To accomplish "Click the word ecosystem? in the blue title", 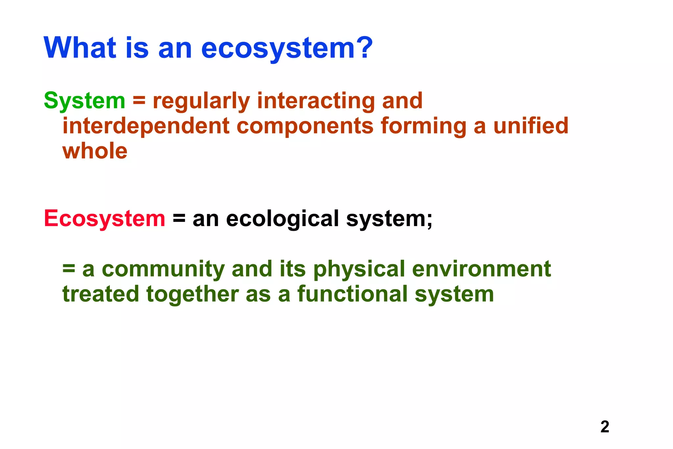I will (x=287, y=48).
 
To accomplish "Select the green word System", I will (x=84, y=101).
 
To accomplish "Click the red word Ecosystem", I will (x=104, y=219).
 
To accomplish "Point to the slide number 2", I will (x=605, y=427).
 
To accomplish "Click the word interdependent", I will (x=146, y=126).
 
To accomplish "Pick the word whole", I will (x=95, y=151).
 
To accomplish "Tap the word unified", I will (x=531, y=126).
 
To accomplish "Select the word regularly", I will (x=201, y=101).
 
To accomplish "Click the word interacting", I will (x=316, y=101).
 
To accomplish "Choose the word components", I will (x=305, y=127).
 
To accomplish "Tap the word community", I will (x=163, y=269).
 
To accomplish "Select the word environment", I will (x=481, y=269).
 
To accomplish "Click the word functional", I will (x=352, y=294).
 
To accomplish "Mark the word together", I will (x=192, y=295).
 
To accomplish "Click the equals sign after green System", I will (x=139, y=101).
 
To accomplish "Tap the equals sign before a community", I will (x=69, y=269).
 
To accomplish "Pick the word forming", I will (x=423, y=127).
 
